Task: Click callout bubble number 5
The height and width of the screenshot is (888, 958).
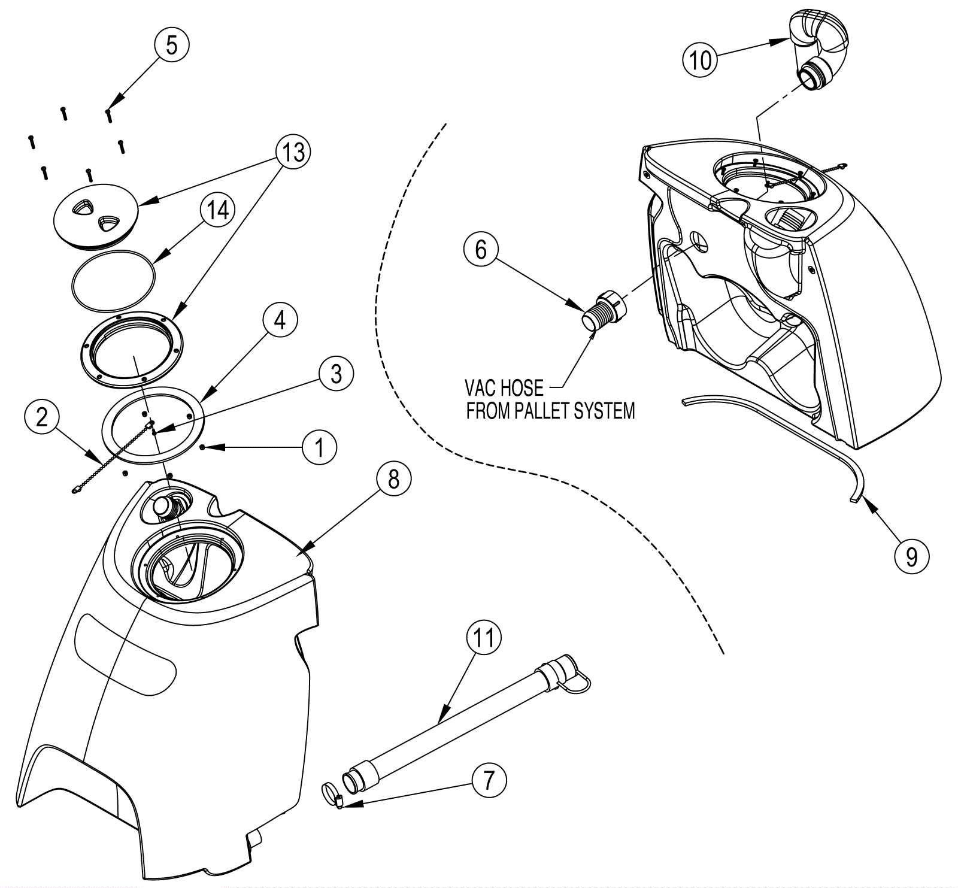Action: coord(172,45)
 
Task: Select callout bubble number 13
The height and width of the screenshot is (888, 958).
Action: coord(293,153)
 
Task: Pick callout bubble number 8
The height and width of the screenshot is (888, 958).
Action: coord(393,480)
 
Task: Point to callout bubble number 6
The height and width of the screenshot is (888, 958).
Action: coord(481,250)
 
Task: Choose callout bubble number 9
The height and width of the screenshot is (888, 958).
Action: coord(911,557)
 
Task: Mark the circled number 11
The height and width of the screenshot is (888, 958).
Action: coord(484,638)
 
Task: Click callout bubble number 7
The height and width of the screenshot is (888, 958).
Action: coord(489,780)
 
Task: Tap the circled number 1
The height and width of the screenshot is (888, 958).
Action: coord(320,447)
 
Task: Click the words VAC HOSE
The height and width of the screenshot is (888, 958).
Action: coord(504,389)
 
